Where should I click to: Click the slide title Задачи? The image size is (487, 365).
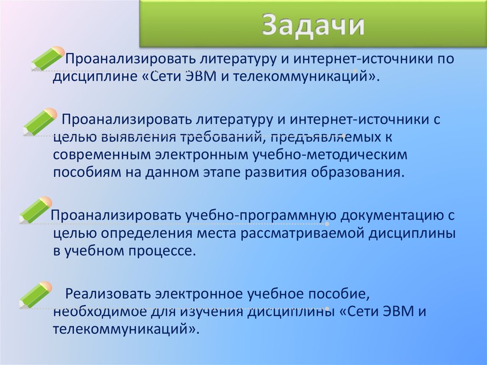coord(314,27)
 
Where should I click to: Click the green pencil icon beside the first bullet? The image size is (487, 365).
coord(48,58)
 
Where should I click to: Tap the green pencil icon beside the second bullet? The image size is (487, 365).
coord(40,121)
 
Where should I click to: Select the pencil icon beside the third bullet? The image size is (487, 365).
coord(36,210)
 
